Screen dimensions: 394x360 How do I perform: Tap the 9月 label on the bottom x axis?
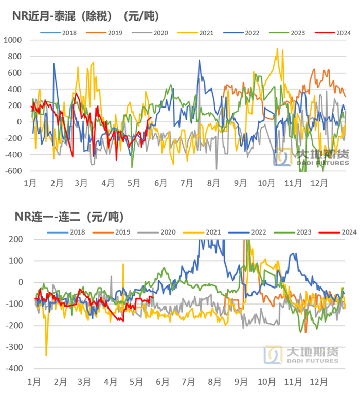tap(241, 382)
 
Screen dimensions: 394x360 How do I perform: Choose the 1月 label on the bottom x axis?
tap(34, 382)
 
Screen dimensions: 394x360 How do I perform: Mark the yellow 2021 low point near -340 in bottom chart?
tap(46, 355)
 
